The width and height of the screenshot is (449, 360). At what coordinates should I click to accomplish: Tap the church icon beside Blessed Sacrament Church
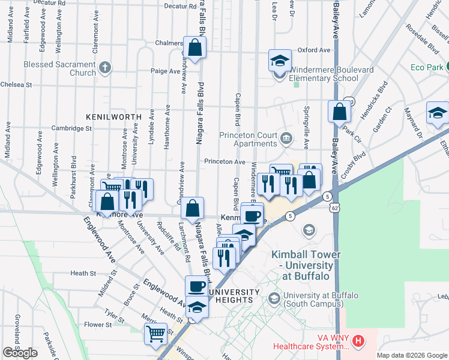tap(106, 67)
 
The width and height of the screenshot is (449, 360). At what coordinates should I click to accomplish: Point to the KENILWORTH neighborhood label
tap(109, 116)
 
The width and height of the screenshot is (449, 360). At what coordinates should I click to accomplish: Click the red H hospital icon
tap(358, 341)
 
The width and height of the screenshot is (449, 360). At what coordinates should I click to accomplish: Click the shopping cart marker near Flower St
tap(156, 334)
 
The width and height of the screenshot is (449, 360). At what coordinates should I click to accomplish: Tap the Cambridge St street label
tap(71, 128)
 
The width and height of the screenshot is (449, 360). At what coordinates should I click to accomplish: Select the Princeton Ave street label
tap(224, 162)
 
